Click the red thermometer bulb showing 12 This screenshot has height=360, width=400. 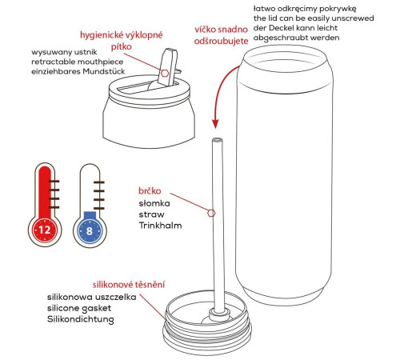click(x=45, y=230)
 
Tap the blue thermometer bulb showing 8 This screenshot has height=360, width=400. click(x=90, y=230)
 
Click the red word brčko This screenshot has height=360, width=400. click(x=150, y=191)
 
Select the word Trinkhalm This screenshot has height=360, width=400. click(x=160, y=226)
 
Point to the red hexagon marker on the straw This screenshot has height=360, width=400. click(x=211, y=213)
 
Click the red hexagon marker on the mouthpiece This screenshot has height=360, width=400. click(x=165, y=73)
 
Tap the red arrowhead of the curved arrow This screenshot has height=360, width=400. click(x=215, y=123)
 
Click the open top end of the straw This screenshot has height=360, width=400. click(x=217, y=140)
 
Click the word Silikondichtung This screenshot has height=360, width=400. click(x=81, y=319)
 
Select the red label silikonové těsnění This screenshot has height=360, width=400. click(x=129, y=285)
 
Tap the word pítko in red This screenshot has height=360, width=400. click(x=122, y=47)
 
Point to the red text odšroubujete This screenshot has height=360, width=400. click(x=221, y=41)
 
